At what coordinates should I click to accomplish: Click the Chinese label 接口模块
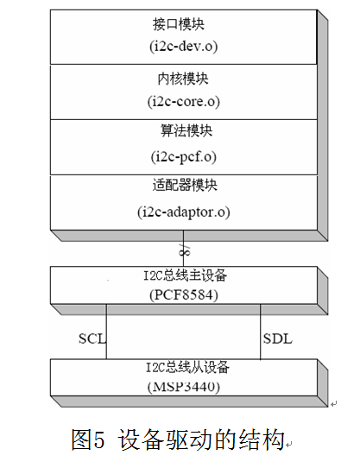pyautogui.click(x=179, y=24)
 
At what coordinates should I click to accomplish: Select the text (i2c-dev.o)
pyautogui.click(x=184, y=47)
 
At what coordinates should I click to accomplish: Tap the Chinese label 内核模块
pyautogui.click(x=183, y=79)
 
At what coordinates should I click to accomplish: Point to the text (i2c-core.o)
pyautogui.click(x=184, y=102)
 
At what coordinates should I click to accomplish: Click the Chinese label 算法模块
pyautogui.click(x=186, y=130)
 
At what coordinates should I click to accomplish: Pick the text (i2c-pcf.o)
pyautogui.click(x=184, y=156)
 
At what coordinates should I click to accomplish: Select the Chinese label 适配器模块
pyautogui.click(x=185, y=185)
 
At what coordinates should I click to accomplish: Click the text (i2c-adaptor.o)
pyautogui.click(x=184, y=212)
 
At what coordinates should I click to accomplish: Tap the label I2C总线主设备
pyautogui.click(x=185, y=275)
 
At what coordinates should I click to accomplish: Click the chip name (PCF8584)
pyautogui.click(x=184, y=295)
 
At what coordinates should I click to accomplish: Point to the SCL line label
pyautogui.click(x=92, y=338)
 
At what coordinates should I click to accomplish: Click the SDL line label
pyautogui.click(x=278, y=338)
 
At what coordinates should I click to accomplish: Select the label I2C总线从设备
pyautogui.click(x=187, y=367)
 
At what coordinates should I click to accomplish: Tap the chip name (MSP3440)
pyautogui.click(x=184, y=387)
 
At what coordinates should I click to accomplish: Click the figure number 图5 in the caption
pyautogui.click(x=88, y=440)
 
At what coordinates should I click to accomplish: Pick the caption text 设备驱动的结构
pyautogui.click(x=201, y=440)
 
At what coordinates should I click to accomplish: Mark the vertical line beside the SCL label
pyautogui.click(x=106, y=332)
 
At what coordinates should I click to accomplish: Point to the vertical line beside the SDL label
pyautogui.click(x=261, y=332)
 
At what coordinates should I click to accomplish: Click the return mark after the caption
pyautogui.click(x=288, y=445)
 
